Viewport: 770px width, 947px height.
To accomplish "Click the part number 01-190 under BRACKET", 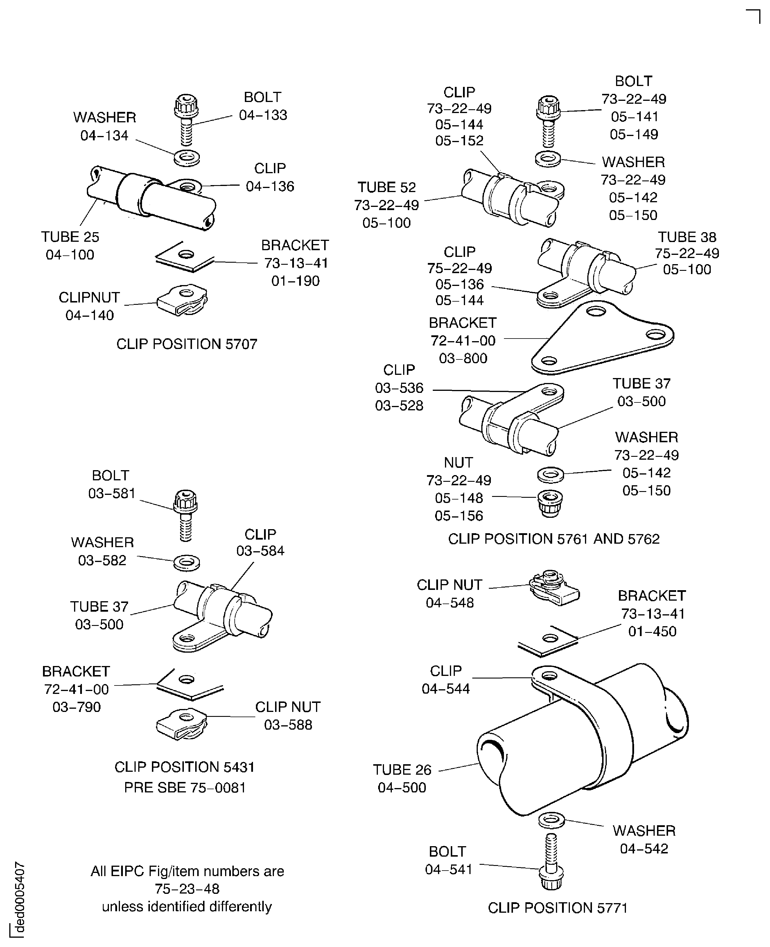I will [x=295, y=281].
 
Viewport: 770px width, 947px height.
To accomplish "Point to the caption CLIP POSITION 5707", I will [x=187, y=344].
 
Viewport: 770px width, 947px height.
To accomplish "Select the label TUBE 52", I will [x=387, y=187].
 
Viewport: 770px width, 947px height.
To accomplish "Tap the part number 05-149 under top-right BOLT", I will [x=634, y=134].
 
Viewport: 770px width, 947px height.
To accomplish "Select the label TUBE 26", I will [x=402, y=769].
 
